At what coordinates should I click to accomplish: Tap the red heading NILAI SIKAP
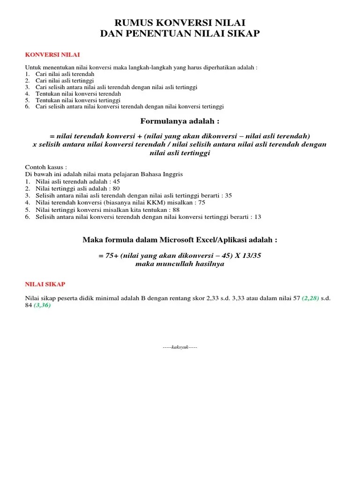pyautogui.click(x=45, y=284)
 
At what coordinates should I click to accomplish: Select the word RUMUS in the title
pyautogui.click(x=133, y=22)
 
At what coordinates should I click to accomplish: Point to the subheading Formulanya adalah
pyautogui.click(x=180, y=121)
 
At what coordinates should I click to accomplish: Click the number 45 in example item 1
pyautogui.click(x=116, y=181)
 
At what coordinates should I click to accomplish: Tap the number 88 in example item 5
pyautogui.click(x=176, y=210)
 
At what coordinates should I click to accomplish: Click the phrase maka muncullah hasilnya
pyautogui.click(x=180, y=263)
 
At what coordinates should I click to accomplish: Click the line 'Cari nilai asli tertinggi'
pyautogui.click(x=66, y=81)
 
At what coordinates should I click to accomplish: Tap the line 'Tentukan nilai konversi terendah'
pyautogui.click(x=78, y=94)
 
